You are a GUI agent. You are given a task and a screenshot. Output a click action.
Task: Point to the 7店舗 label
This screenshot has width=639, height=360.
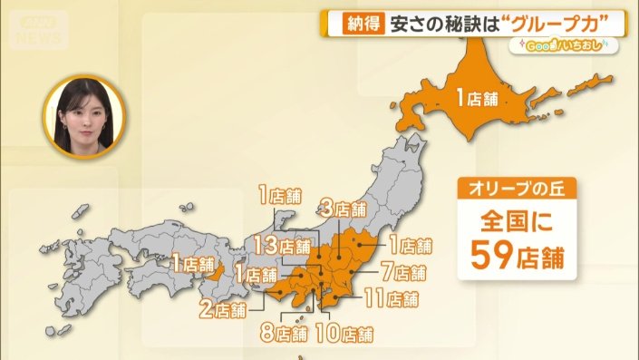403,272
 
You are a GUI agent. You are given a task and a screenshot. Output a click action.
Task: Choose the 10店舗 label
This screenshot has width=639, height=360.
345,334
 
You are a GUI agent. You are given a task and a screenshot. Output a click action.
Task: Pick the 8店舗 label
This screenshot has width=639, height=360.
284,333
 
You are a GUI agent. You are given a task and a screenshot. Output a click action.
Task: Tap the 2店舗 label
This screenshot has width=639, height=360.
222,310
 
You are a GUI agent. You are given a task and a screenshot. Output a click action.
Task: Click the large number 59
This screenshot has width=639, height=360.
494,256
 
